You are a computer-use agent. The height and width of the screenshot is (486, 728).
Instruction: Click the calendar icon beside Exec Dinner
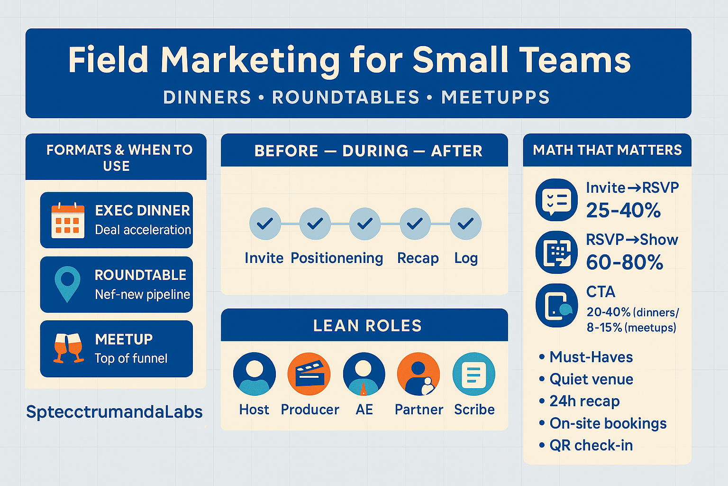68,220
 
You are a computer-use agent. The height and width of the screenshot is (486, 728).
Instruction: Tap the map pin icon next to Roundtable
67,284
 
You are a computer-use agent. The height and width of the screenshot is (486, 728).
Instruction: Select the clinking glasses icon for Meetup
68,348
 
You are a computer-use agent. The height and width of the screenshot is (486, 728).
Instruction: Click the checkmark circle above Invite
265,224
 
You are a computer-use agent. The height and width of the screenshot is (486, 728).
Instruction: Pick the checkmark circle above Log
465,224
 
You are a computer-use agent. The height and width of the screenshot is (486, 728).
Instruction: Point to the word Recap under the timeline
418,258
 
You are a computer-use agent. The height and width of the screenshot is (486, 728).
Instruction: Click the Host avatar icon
255,374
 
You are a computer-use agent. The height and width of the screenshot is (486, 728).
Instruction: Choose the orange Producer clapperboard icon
309,374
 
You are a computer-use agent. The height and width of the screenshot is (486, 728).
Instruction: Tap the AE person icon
364,374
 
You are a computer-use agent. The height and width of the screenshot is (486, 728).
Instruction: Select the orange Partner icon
418,374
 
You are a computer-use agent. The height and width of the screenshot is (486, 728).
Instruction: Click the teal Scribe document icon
473,374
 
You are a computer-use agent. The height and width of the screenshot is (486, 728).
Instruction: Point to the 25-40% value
623,210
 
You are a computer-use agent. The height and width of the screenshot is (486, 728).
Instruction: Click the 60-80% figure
624,262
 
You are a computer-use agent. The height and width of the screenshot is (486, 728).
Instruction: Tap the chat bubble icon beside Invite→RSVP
556,200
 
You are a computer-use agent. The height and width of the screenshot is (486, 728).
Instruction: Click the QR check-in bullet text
591,445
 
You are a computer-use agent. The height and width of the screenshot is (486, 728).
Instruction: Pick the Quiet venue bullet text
591,379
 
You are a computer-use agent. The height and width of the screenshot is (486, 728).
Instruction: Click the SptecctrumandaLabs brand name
114,412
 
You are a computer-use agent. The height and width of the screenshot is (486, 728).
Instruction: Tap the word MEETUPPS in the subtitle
495,97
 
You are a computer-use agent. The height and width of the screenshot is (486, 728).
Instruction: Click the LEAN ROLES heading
367,326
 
